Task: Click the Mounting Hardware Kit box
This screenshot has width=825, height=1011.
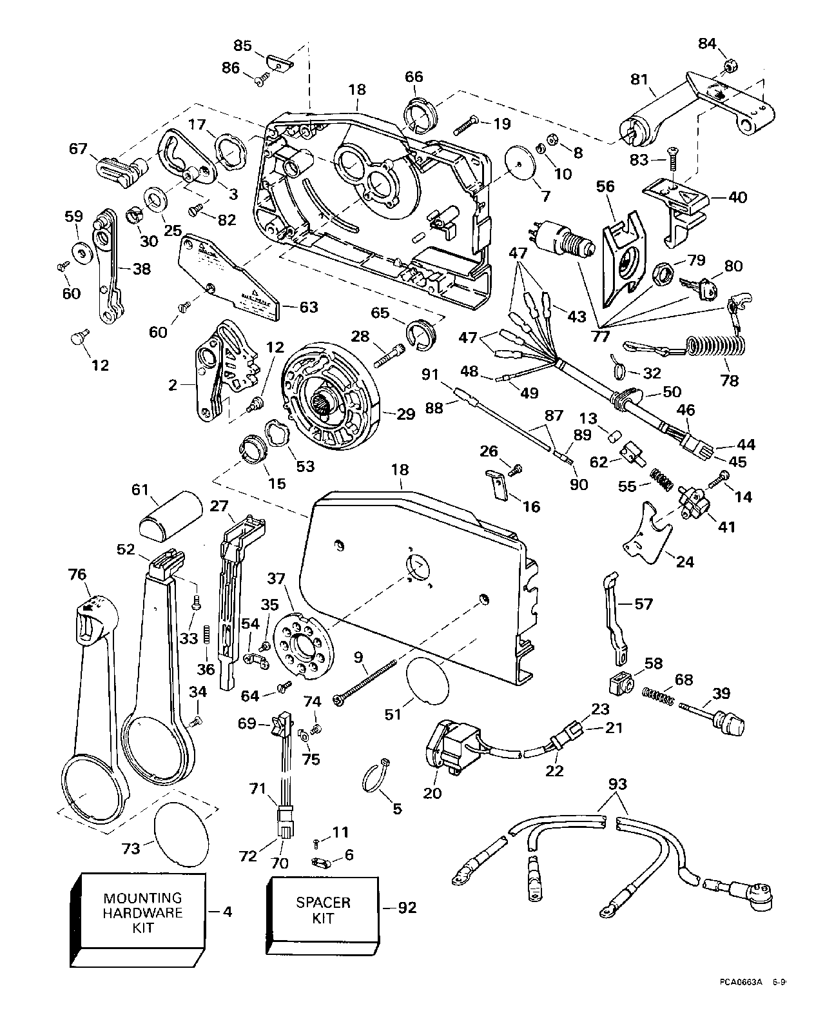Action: (143, 913)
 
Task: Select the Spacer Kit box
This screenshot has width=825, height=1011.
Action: (323, 910)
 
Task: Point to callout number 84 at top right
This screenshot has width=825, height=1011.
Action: (707, 43)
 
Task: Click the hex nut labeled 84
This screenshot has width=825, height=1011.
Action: (732, 65)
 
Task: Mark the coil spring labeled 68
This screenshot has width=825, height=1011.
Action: (659, 695)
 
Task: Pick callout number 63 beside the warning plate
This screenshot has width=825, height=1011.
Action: (309, 307)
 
